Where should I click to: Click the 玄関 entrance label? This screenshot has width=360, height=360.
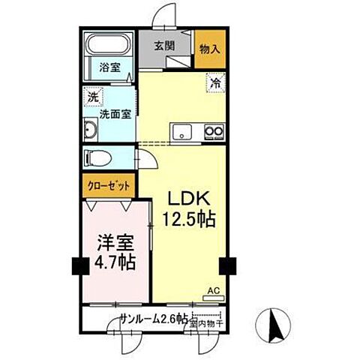click(164, 45)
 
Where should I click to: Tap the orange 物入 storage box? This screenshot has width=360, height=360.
click(208, 47)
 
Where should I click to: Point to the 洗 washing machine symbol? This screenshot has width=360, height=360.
click(93, 97)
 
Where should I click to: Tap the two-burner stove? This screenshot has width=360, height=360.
click(215, 134)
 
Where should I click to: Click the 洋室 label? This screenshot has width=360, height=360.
click(113, 243)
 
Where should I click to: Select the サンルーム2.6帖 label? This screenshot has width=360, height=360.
click(151, 319)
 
